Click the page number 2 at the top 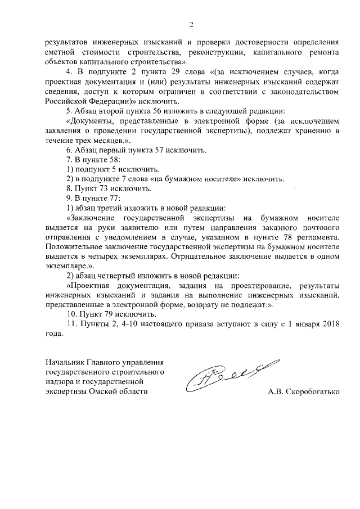191,24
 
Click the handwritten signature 228,373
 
